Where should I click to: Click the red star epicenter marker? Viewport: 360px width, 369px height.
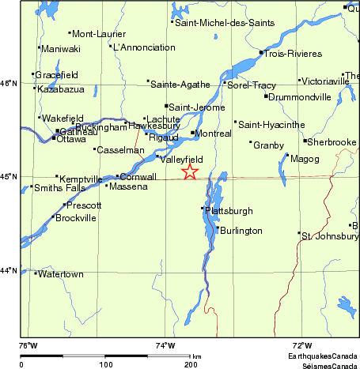(x=190, y=171)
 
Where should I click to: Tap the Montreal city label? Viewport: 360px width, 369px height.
(x=214, y=134)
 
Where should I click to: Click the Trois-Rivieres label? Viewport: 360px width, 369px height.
(x=294, y=54)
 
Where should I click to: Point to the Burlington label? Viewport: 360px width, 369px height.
(x=241, y=231)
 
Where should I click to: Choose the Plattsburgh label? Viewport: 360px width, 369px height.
(x=229, y=211)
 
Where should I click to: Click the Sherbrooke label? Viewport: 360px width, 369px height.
(x=332, y=142)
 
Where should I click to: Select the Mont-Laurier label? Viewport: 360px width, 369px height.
(x=93, y=34)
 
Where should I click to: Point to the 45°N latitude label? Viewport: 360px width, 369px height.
(x=9, y=176)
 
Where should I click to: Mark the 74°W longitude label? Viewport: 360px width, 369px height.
(x=165, y=345)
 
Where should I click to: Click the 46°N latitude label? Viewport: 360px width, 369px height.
(x=9, y=83)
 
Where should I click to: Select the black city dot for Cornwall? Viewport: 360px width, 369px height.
(x=117, y=176)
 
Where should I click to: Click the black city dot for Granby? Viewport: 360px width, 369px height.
(x=251, y=143)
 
